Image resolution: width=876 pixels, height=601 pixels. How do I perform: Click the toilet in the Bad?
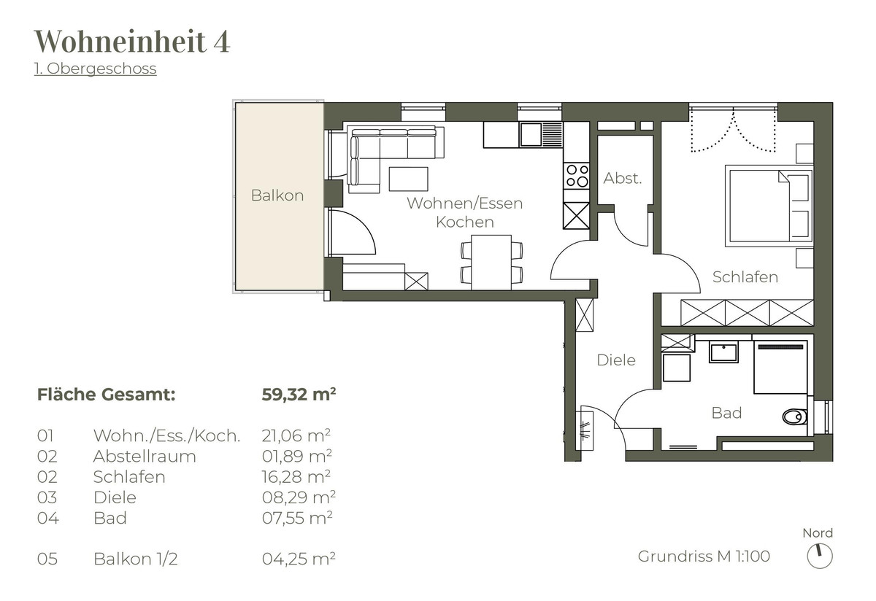[794, 417]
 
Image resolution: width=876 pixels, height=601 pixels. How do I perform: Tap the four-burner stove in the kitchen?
[577, 176]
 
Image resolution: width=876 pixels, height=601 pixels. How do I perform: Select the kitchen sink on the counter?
[541, 134]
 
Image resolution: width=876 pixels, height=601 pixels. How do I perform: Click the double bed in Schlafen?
[769, 206]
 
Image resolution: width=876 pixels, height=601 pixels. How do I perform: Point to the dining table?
[491, 262]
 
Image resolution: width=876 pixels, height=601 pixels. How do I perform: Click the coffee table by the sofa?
[408, 179]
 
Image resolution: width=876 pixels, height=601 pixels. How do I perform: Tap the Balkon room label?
[277, 195]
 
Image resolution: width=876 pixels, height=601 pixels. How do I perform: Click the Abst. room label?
[623, 178]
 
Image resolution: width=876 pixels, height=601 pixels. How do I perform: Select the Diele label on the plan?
[616, 360]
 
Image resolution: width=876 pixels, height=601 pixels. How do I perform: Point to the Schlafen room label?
[745, 277]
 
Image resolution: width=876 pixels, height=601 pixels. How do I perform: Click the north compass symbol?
[820, 556]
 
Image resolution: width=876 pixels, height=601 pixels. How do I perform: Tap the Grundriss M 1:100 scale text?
[704, 556]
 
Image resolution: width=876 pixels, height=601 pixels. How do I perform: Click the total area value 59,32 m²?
[299, 394]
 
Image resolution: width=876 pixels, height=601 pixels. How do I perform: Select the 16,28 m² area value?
[296, 477]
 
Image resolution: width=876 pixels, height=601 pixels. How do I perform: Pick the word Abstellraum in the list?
[145, 456]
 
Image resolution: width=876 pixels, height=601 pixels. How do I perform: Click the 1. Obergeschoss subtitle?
[96, 69]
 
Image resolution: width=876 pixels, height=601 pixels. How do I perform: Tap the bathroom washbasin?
[723, 352]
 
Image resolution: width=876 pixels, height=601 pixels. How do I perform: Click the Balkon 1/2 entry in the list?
[135, 559]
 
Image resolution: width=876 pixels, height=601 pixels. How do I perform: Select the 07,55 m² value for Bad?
[297, 518]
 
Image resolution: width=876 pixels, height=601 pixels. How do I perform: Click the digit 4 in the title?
[221, 41]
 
